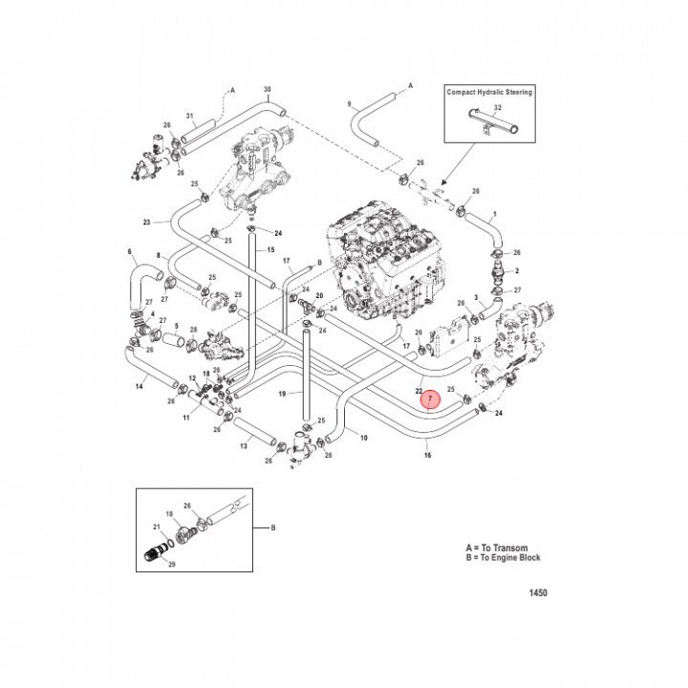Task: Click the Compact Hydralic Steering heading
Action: coord(489,92)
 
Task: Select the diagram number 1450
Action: coord(538,592)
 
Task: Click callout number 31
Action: coord(190,118)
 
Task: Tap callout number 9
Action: coord(350,102)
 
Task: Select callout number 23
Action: coord(147,223)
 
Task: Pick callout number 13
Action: coord(244,446)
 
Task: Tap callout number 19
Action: coord(282,394)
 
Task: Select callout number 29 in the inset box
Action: coord(172,565)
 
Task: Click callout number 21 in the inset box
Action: coord(157,527)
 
